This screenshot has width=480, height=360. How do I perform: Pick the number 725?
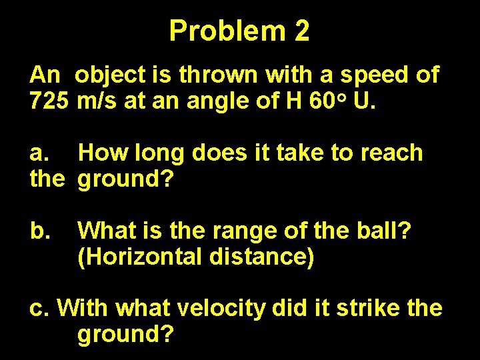[x=49, y=102]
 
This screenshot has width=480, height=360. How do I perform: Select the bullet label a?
[x=40, y=153]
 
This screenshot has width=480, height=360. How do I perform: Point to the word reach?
[x=391, y=153]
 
